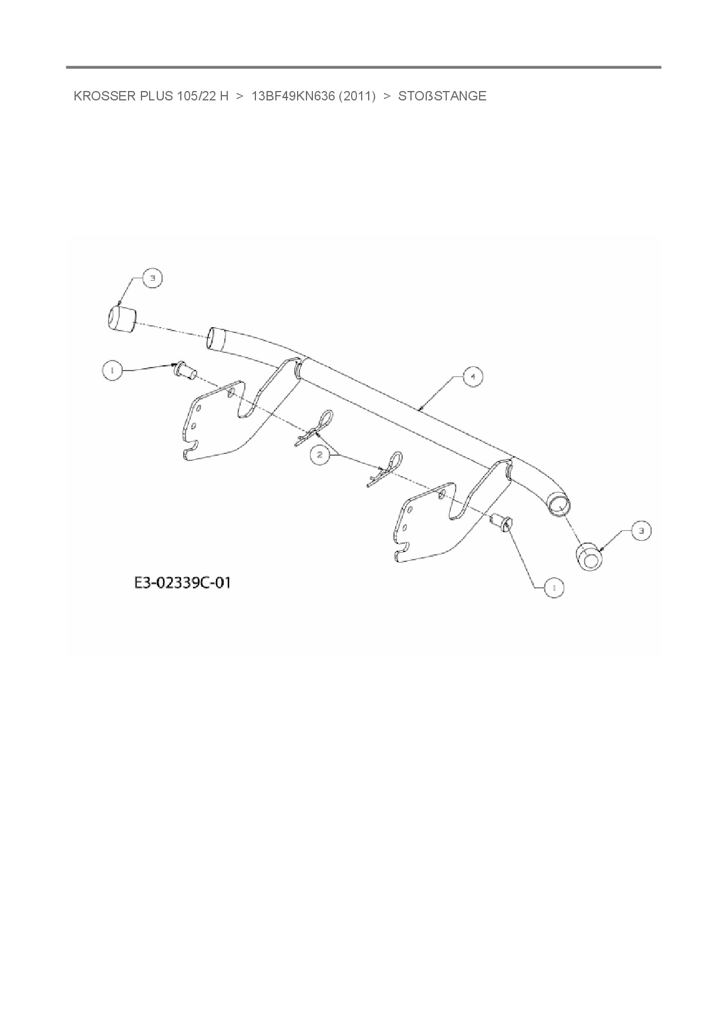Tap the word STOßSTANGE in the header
pyautogui.click(x=442, y=96)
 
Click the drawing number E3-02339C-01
pyautogui.click(x=183, y=583)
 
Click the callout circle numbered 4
pyautogui.click(x=473, y=376)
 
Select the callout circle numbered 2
pyautogui.click(x=319, y=455)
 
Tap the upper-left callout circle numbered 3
pyautogui.click(x=153, y=278)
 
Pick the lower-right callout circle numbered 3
pyautogui.click(x=641, y=531)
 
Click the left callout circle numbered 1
pyautogui.click(x=112, y=370)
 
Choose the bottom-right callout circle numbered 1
pyautogui.click(x=554, y=587)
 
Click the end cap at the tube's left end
pyautogui.click(x=120, y=319)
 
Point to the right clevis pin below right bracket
pyautogui.click(x=500, y=521)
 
